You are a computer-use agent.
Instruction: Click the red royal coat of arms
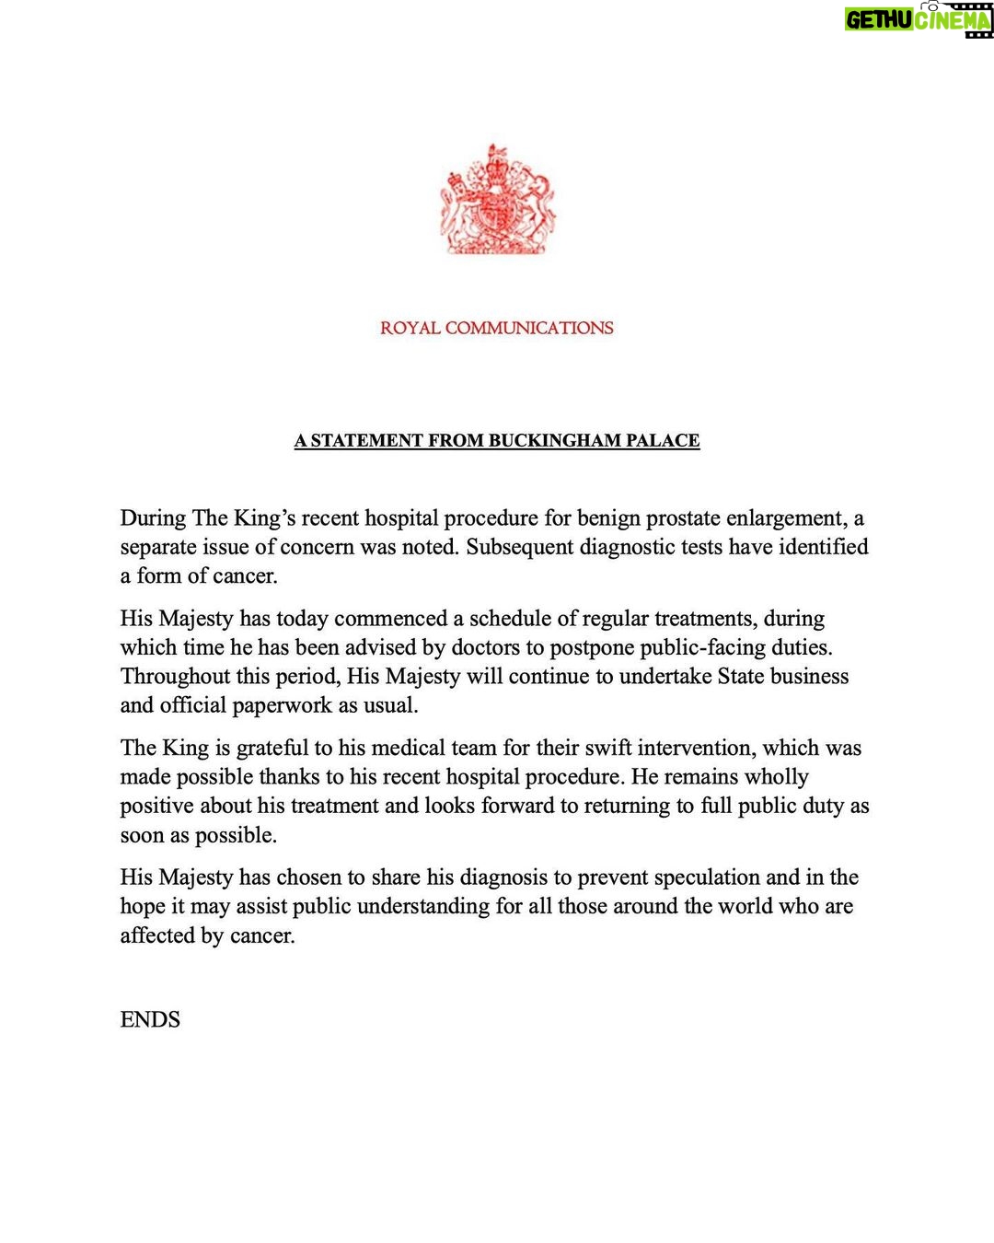pos(497,200)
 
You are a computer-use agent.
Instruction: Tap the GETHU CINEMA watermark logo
pos(918,19)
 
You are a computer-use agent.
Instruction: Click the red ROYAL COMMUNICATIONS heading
pos(497,328)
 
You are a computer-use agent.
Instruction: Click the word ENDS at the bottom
pos(150,1020)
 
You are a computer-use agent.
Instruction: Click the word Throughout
pos(175,677)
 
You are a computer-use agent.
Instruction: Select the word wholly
pos(776,777)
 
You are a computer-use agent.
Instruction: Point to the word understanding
pos(422,907)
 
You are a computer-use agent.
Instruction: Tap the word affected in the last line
pos(157,936)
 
